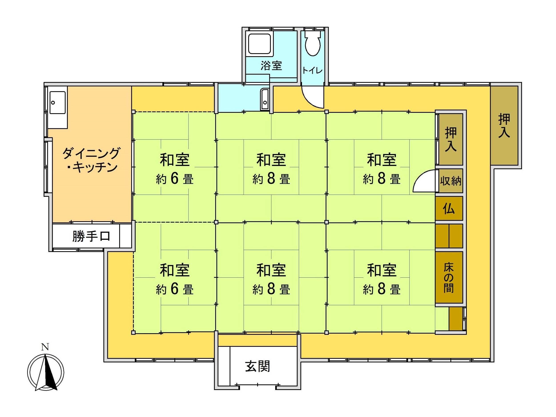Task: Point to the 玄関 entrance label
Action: click(258, 366)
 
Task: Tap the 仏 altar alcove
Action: click(449, 208)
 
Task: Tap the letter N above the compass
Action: click(45, 347)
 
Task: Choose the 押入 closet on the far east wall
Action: click(504, 125)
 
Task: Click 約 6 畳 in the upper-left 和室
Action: click(175, 179)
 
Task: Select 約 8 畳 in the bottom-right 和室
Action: click(382, 289)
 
